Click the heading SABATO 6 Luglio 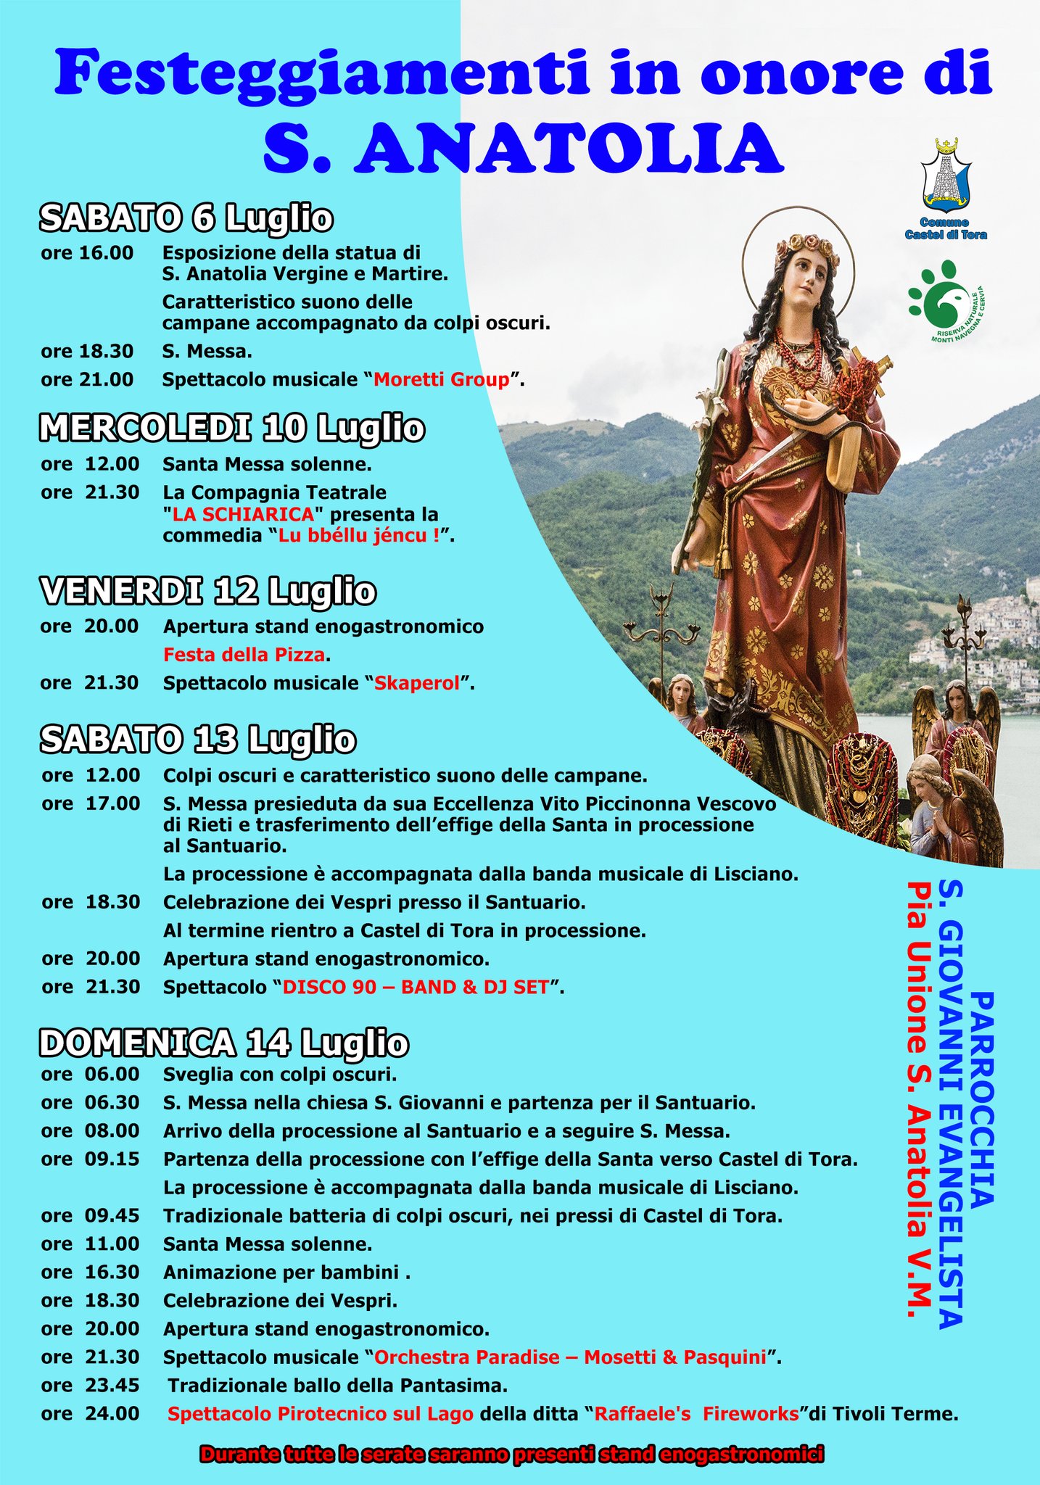point(186,218)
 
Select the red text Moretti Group point(442,379)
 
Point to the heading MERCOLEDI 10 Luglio point(232,428)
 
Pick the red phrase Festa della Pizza point(244,655)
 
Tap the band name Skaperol point(417,683)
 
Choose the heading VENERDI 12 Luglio point(208,592)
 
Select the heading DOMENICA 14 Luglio point(224,1043)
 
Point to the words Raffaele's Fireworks point(696,1413)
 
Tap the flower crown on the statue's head point(805,244)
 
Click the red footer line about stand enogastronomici point(511,1454)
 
